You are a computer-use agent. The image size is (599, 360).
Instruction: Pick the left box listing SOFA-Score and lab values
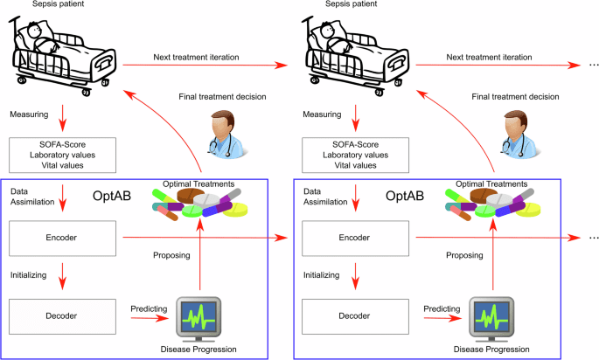(62, 154)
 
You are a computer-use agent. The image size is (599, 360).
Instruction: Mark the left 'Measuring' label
(32, 114)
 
